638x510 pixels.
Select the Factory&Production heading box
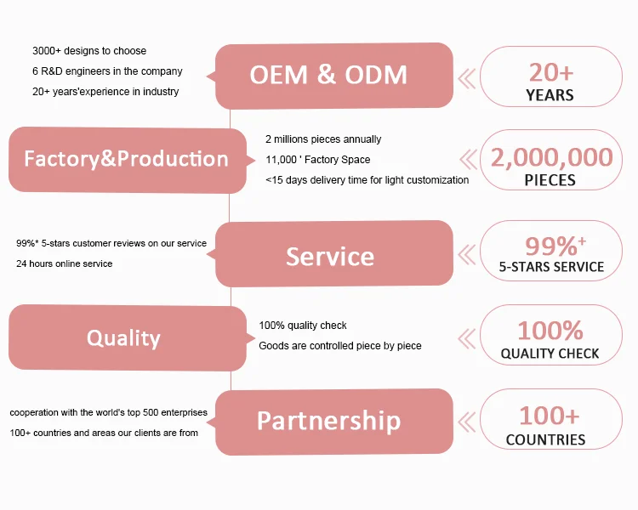tap(127, 159)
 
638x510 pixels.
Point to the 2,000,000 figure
tap(550, 157)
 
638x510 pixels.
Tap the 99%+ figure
tap(555, 246)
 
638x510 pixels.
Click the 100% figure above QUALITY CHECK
tap(550, 330)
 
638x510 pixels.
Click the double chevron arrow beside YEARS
tap(467, 79)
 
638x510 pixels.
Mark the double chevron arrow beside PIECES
tap(469, 160)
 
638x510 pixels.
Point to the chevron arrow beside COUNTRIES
tap(467, 422)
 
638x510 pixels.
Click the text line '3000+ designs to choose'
tap(89, 51)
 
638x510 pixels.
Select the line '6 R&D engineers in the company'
tap(107, 71)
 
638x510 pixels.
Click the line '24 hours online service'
tap(64, 263)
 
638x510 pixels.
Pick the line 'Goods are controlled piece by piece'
tap(339, 345)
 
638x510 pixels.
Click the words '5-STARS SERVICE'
tap(551, 267)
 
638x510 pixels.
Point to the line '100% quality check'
tap(302, 325)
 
